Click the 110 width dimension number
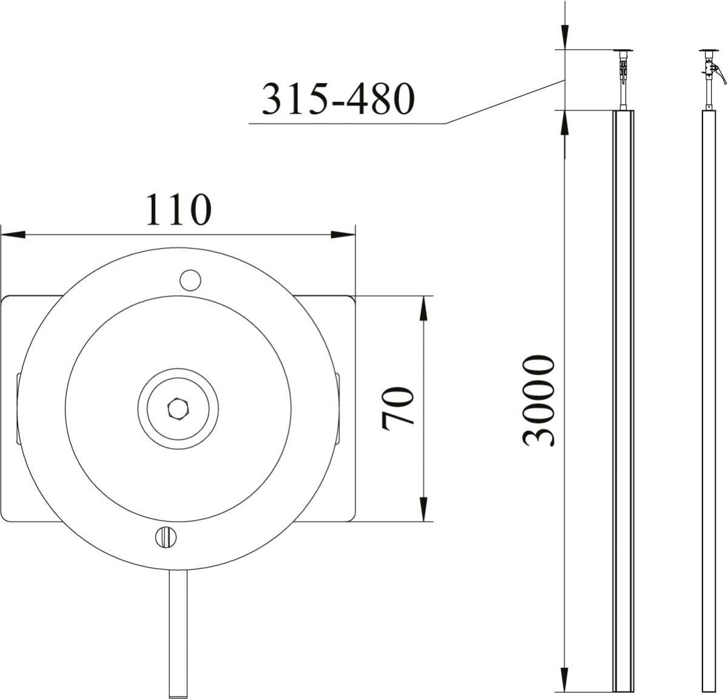178,210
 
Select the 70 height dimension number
398,408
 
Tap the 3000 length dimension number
539,401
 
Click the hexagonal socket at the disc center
177,409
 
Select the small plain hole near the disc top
190,279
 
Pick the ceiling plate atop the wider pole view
623,50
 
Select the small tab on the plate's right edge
337,409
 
